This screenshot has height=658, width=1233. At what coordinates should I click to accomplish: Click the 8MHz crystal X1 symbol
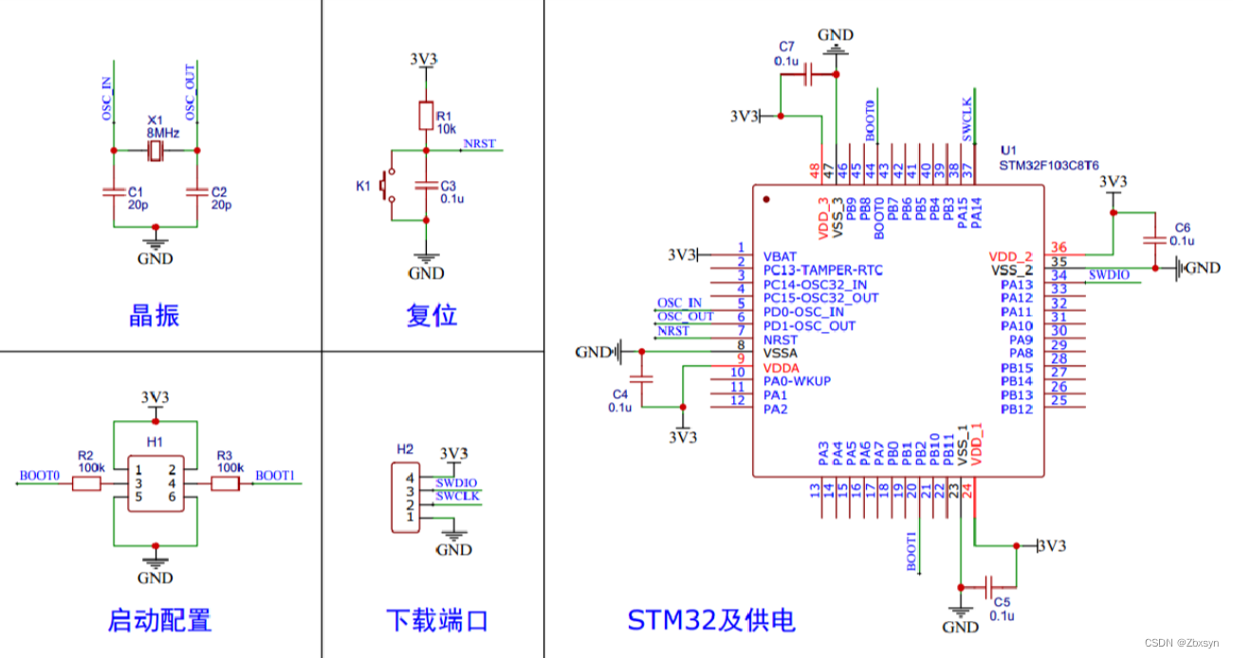coord(155,150)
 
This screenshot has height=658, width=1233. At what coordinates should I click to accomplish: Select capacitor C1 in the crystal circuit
coord(113,192)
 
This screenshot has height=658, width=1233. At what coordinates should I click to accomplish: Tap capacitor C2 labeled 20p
coord(196,192)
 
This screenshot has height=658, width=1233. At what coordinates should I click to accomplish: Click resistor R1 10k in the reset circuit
coord(426,116)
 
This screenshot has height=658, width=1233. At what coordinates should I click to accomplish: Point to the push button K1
coord(387,186)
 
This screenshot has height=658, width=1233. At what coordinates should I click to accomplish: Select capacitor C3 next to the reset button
coord(426,186)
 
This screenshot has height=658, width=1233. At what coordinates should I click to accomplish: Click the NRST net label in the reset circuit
coord(478,144)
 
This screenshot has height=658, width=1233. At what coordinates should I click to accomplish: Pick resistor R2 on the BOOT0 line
coord(86,484)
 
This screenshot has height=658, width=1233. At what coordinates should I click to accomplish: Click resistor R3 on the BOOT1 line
coord(225,484)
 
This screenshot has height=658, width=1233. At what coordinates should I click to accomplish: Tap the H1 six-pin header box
coord(155,484)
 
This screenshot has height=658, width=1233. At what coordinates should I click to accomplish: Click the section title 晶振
coord(154,315)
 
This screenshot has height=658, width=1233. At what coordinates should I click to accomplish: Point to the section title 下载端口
coord(436,621)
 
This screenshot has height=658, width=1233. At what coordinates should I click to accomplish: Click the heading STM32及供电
coord(711,621)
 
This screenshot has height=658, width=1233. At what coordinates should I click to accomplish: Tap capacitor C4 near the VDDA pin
coord(641,378)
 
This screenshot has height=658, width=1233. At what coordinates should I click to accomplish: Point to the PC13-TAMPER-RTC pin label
coord(820,270)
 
